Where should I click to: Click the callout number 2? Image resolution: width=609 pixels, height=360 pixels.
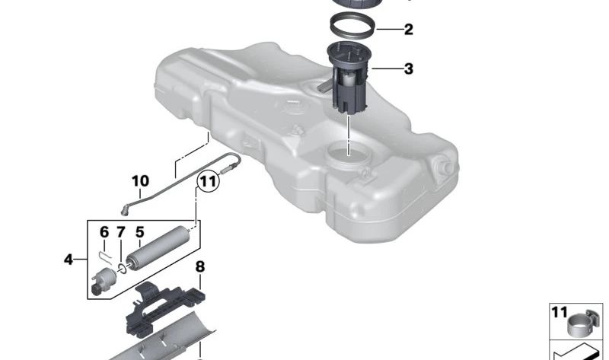(x=409, y=30)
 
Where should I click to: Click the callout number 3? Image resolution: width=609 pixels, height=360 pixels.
(x=409, y=69)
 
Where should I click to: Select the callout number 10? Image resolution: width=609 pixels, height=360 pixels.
(x=140, y=181)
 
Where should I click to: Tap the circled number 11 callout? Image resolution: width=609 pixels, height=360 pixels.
(x=208, y=181)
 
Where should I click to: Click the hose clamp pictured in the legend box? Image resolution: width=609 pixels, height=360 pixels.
(x=584, y=324)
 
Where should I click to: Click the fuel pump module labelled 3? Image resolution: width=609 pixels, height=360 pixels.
(x=349, y=84)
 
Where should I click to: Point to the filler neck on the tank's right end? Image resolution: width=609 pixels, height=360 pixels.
(x=444, y=167)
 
